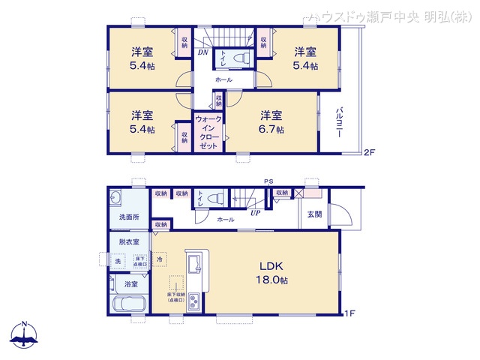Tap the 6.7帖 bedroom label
coord(272,121)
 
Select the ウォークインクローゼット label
coord(208,133)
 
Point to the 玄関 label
coord(314,214)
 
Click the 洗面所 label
coord(129,217)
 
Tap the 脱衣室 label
coord(129,242)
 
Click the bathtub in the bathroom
coord(129,306)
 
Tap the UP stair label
coord(256,211)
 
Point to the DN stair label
coord(203,52)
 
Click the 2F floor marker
coord(369,153)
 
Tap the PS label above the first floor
coord(268,181)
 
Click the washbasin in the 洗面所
coord(116,199)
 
